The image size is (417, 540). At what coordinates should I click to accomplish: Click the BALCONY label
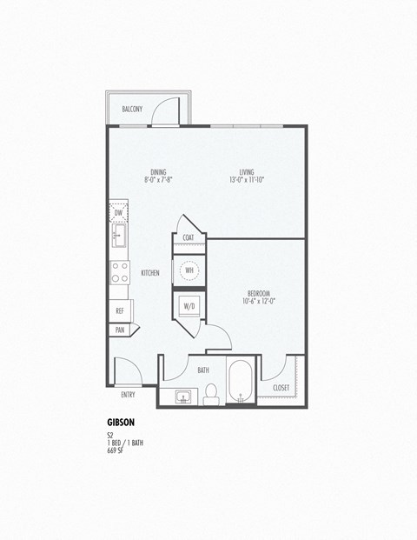(x=132, y=109)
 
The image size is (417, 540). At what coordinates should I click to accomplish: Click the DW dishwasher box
(x=118, y=211)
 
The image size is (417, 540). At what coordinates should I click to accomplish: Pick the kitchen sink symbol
(x=118, y=235)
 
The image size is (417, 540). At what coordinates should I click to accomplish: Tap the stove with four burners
(x=119, y=273)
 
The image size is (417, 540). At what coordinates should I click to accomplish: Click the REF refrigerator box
(x=119, y=310)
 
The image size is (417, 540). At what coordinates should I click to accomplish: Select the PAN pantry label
(x=119, y=330)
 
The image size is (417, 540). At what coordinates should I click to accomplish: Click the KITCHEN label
(x=150, y=273)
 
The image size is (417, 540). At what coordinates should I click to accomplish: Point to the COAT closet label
(x=188, y=237)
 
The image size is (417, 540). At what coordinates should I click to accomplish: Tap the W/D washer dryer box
(x=189, y=305)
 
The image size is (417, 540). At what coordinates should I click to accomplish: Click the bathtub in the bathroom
(x=241, y=382)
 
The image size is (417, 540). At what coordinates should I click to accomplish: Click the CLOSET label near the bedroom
(x=281, y=388)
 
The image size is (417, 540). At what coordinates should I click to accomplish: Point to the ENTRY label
(x=128, y=395)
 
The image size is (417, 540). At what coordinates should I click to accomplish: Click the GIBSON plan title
(x=121, y=423)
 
